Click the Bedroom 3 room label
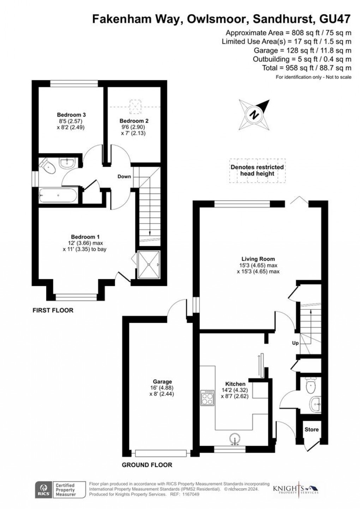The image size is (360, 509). [72, 115]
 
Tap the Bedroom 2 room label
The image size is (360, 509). [132, 121]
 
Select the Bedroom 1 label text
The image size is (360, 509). [83, 237]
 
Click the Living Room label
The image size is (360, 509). [258, 259]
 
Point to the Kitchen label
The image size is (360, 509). [235, 384]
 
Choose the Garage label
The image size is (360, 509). [162, 381]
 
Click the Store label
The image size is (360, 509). [311, 430]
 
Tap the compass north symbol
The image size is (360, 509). [254, 114]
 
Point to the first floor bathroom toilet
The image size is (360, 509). [47, 166]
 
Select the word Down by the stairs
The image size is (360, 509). [124, 177]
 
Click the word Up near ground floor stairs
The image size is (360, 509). [295, 343]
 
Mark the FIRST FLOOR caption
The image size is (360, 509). [53, 310]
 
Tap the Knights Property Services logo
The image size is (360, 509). [296, 490]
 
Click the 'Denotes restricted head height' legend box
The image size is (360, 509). [257, 170]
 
